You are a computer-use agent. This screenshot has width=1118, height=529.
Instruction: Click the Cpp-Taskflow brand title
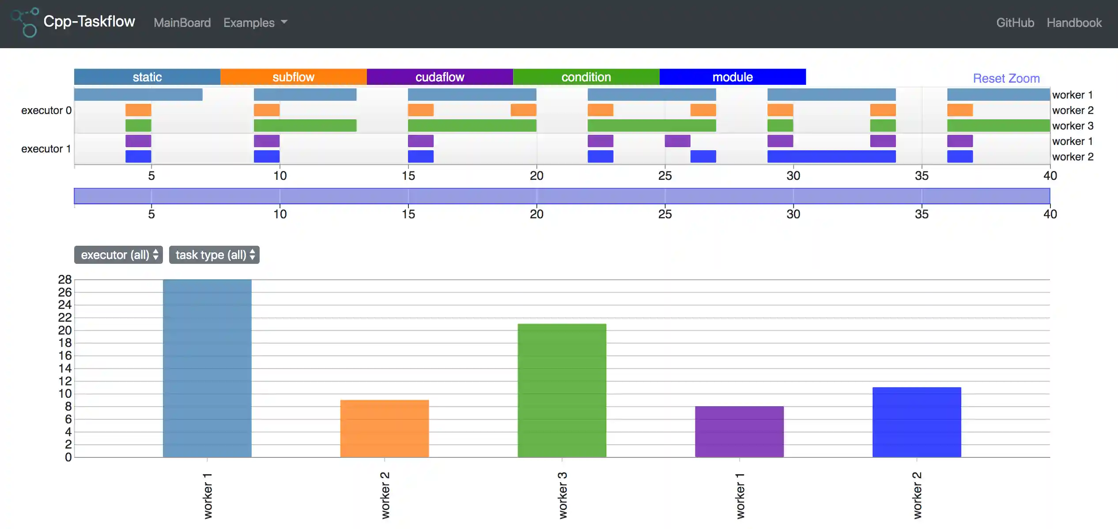89,22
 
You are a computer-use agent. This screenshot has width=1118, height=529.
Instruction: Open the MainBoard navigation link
182,23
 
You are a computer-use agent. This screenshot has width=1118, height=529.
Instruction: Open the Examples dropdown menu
255,23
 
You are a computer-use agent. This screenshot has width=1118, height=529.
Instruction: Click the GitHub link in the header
1015,23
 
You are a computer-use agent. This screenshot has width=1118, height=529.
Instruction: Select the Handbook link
1074,23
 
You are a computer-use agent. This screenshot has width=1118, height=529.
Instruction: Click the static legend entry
147,77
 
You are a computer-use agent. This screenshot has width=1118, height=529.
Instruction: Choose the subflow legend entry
293,77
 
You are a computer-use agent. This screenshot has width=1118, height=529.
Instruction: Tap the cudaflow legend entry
440,77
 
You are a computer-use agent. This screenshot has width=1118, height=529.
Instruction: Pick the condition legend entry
586,77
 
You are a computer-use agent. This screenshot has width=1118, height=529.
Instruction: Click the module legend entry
733,77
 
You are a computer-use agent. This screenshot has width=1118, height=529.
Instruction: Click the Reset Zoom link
1006,79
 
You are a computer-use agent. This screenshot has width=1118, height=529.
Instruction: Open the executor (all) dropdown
118,255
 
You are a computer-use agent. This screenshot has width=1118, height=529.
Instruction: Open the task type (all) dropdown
214,255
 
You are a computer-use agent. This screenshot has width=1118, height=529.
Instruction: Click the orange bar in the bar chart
384,428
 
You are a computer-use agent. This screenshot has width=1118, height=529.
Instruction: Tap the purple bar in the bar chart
739,431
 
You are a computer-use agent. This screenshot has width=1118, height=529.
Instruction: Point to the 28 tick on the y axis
65,280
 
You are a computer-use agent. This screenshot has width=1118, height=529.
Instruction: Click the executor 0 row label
46,110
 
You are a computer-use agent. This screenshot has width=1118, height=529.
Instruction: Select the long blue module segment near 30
831,156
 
